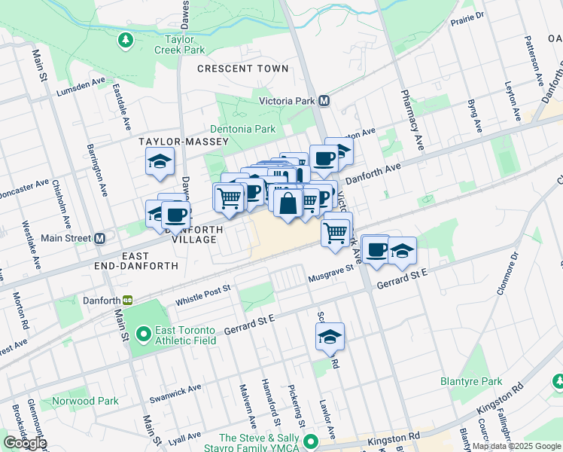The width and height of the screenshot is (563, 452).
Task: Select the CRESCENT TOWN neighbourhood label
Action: (x=242, y=69)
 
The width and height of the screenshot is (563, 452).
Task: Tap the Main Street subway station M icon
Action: (x=99, y=239)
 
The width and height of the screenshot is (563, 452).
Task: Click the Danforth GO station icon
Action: (x=128, y=300)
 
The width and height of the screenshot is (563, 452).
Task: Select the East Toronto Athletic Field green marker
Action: (x=143, y=331)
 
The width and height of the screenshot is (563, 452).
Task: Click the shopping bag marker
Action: (x=288, y=203)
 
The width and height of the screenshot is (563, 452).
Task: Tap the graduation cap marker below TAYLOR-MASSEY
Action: (x=160, y=162)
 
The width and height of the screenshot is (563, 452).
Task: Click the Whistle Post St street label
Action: (x=202, y=295)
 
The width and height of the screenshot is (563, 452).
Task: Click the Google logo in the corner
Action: (x=25, y=443)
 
